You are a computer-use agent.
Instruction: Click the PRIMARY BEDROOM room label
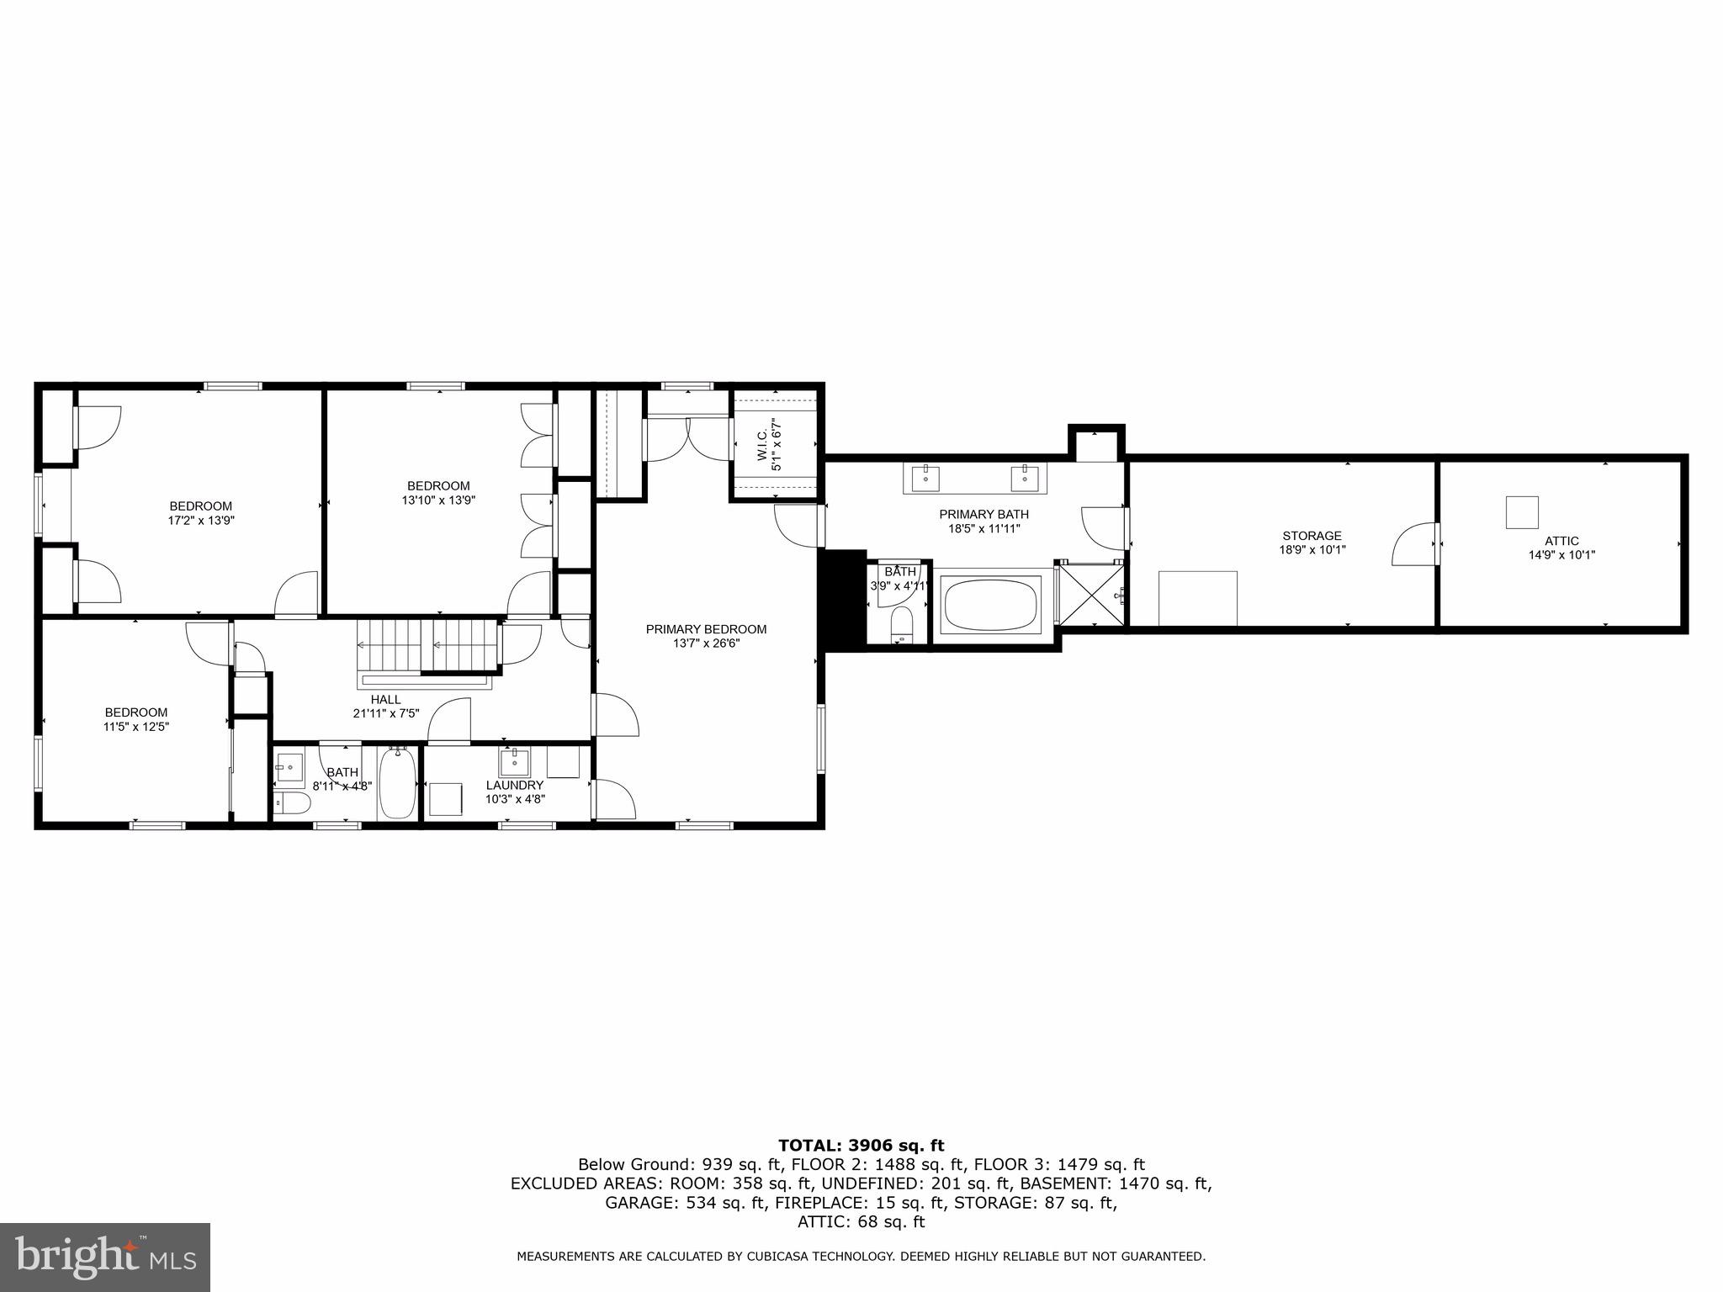point(706,629)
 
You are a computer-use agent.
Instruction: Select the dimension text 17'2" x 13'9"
point(200,521)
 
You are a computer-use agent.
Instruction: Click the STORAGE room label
point(1311,536)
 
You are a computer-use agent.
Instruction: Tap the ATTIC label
point(1561,541)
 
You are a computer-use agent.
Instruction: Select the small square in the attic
point(1521,512)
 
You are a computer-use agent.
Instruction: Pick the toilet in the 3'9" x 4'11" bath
point(902,626)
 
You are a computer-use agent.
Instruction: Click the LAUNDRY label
point(515,785)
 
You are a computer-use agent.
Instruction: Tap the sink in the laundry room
point(513,763)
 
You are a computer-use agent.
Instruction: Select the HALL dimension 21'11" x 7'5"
point(385,713)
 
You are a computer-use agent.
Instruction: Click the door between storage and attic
point(1415,545)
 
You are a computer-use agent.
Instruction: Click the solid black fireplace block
point(842,600)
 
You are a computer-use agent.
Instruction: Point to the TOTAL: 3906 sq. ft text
point(861,1146)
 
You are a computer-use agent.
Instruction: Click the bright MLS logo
point(105,1257)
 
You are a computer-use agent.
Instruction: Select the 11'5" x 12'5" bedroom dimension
point(136,727)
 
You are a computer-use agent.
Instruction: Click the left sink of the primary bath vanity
point(925,477)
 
